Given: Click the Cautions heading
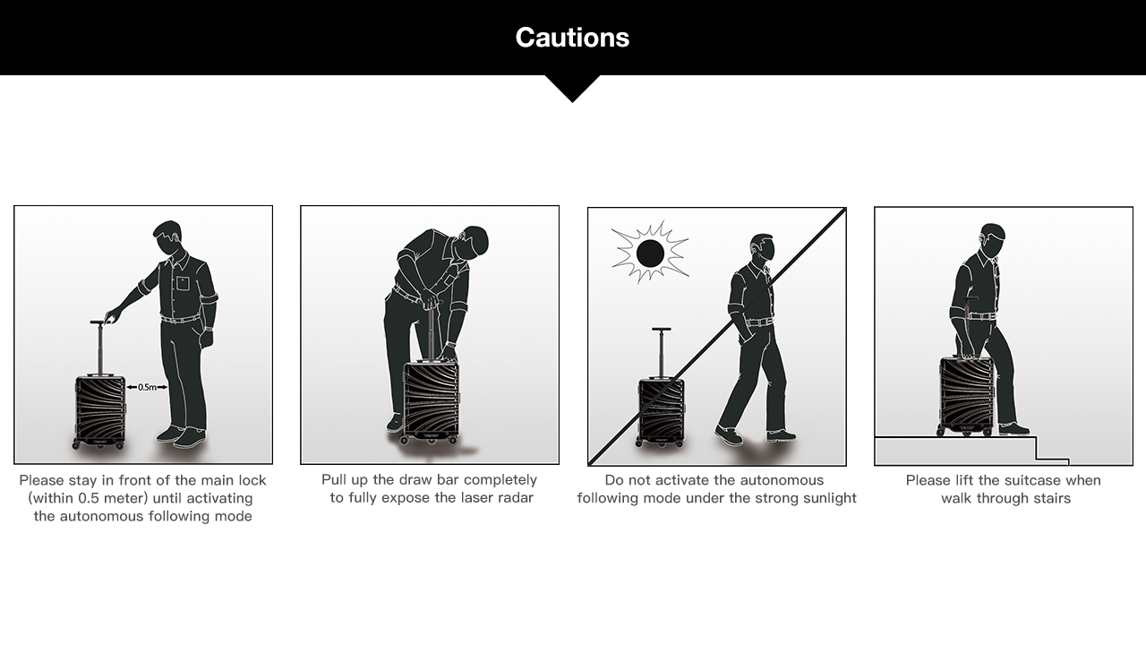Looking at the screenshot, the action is (572, 38).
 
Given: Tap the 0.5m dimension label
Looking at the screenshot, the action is (148, 387).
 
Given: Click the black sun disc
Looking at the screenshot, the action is (650, 253).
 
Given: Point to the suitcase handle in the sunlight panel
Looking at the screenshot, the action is (662, 353).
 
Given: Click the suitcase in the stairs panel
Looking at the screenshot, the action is (966, 395).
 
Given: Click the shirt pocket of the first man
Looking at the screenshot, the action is (184, 283).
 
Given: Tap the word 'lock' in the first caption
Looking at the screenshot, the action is (252, 480).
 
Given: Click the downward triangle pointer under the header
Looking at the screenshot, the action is (572, 89).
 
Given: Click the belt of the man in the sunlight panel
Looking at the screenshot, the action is (758, 322).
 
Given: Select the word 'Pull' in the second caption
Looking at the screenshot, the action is (332, 479).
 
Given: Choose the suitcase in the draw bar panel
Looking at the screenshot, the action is (431, 400).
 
